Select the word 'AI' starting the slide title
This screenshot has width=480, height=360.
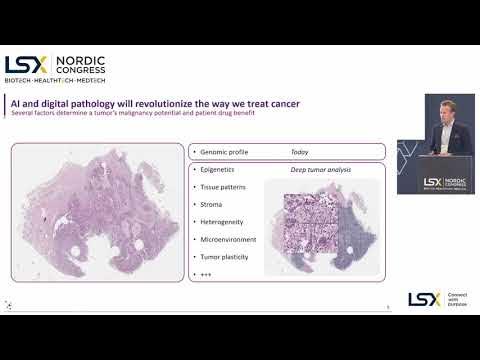[x=17, y=105]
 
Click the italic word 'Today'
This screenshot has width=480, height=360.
[x=299, y=152]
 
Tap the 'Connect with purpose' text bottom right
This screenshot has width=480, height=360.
[x=457, y=299]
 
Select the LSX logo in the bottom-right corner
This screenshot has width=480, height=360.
[x=424, y=299]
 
